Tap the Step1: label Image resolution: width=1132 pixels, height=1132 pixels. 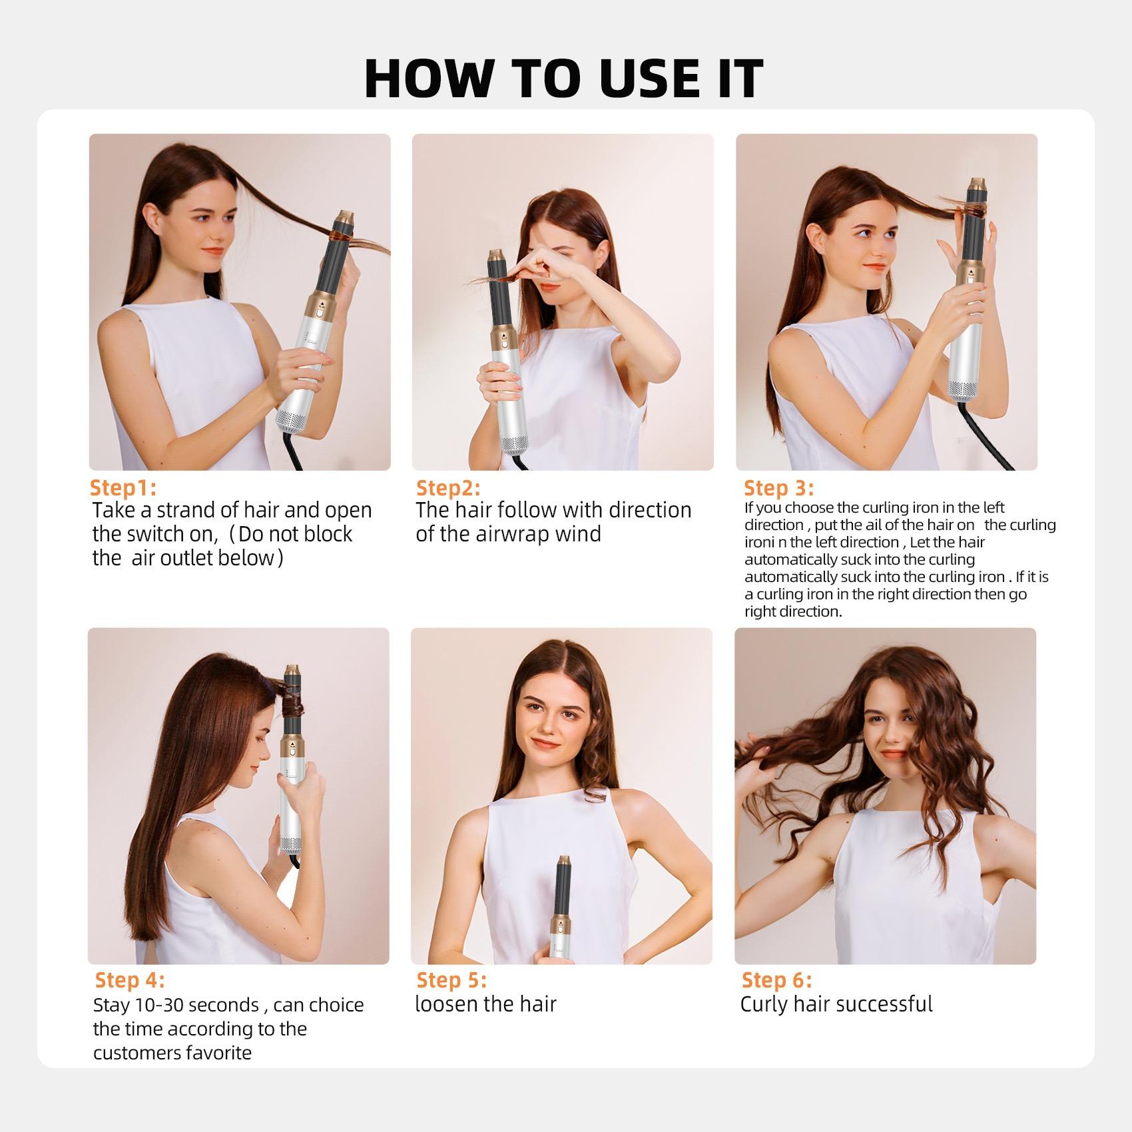point(123,487)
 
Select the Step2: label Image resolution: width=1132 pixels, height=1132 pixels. point(448,487)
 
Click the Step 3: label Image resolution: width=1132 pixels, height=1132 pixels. point(778,487)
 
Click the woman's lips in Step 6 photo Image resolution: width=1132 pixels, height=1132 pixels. point(892,754)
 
